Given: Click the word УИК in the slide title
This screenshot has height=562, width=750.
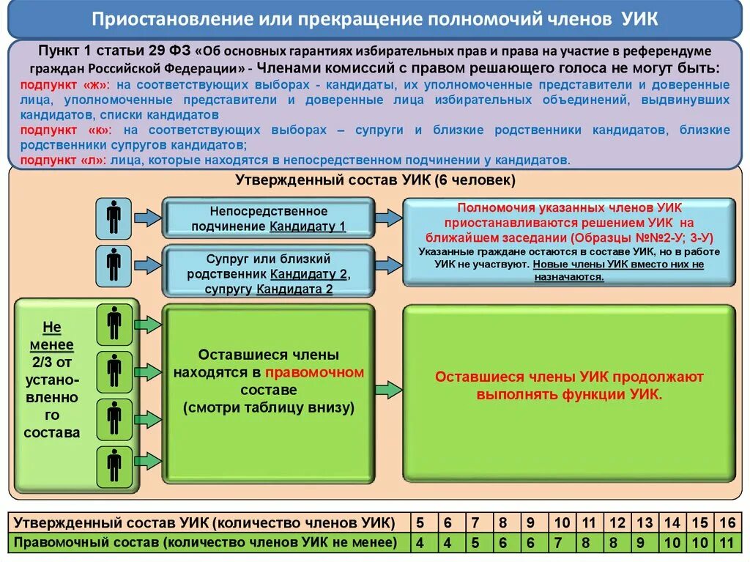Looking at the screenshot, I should click(637, 19).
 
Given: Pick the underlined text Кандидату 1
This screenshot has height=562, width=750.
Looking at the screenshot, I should click(308, 226).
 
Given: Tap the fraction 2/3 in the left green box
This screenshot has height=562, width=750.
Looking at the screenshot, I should click(51, 361).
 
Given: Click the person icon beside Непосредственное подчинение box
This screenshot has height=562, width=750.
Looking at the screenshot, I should click(114, 217).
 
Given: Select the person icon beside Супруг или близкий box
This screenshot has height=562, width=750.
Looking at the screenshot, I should click(114, 265).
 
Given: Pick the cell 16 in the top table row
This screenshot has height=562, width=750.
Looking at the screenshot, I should click(726, 523).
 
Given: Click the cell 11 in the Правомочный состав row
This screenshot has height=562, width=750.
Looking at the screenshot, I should click(726, 543).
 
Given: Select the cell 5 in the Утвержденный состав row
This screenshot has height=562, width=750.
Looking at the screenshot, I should click(420, 523).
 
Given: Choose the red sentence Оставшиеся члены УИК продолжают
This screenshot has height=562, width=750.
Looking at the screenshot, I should click(569, 377).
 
